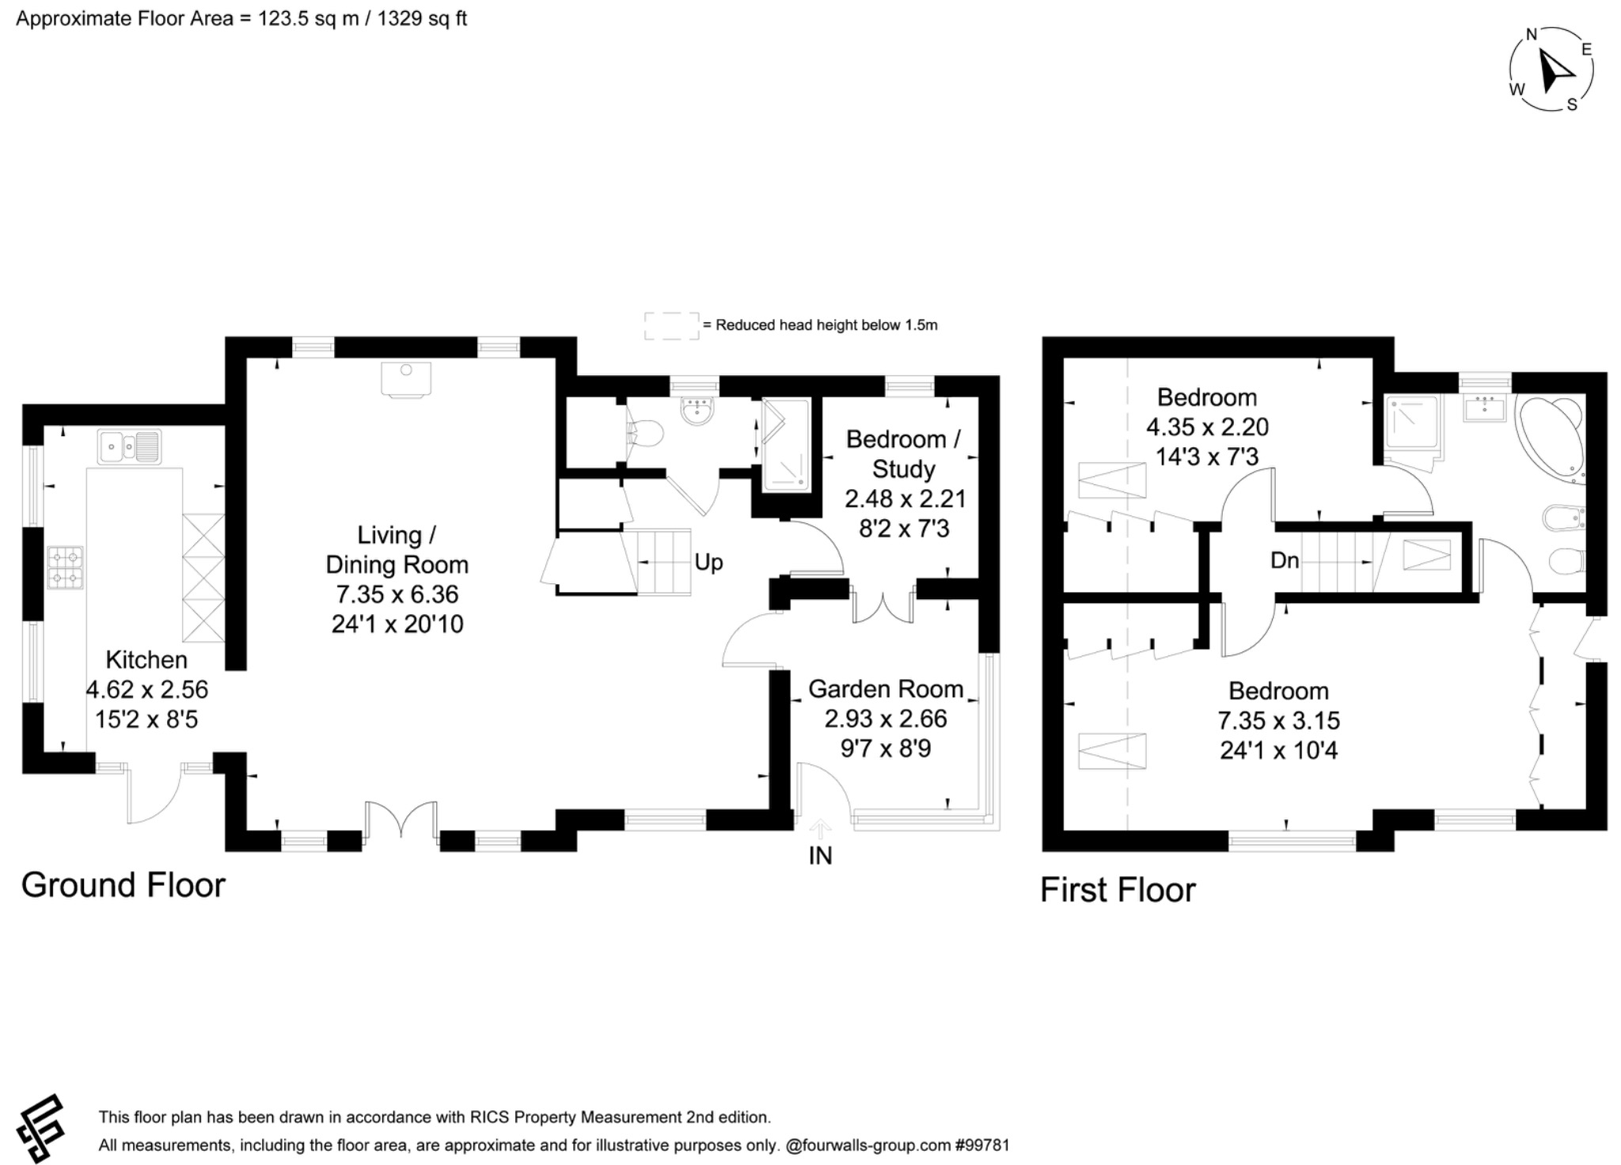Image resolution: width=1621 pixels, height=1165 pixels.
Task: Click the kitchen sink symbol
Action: (x=129, y=446)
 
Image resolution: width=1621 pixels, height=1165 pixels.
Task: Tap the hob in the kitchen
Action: (x=66, y=567)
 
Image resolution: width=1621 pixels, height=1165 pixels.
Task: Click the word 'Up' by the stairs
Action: (x=708, y=562)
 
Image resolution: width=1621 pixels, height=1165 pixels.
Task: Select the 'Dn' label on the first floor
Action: (x=1285, y=560)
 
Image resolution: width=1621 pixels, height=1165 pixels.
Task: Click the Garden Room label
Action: (x=885, y=689)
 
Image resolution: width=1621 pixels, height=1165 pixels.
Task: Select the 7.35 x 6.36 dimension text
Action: (x=397, y=594)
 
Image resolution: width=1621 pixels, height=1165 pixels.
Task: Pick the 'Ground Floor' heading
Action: (x=123, y=885)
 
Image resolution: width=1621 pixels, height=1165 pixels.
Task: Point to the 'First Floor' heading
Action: (x=1117, y=890)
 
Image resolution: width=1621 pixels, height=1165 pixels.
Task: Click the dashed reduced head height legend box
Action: (x=671, y=325)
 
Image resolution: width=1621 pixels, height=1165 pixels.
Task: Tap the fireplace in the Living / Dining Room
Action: (x=406, y=378)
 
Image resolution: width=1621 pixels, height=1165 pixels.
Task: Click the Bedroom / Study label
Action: (x=903, y=453)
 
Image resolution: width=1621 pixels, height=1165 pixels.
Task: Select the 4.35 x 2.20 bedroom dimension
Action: (x=1207, y=427)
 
